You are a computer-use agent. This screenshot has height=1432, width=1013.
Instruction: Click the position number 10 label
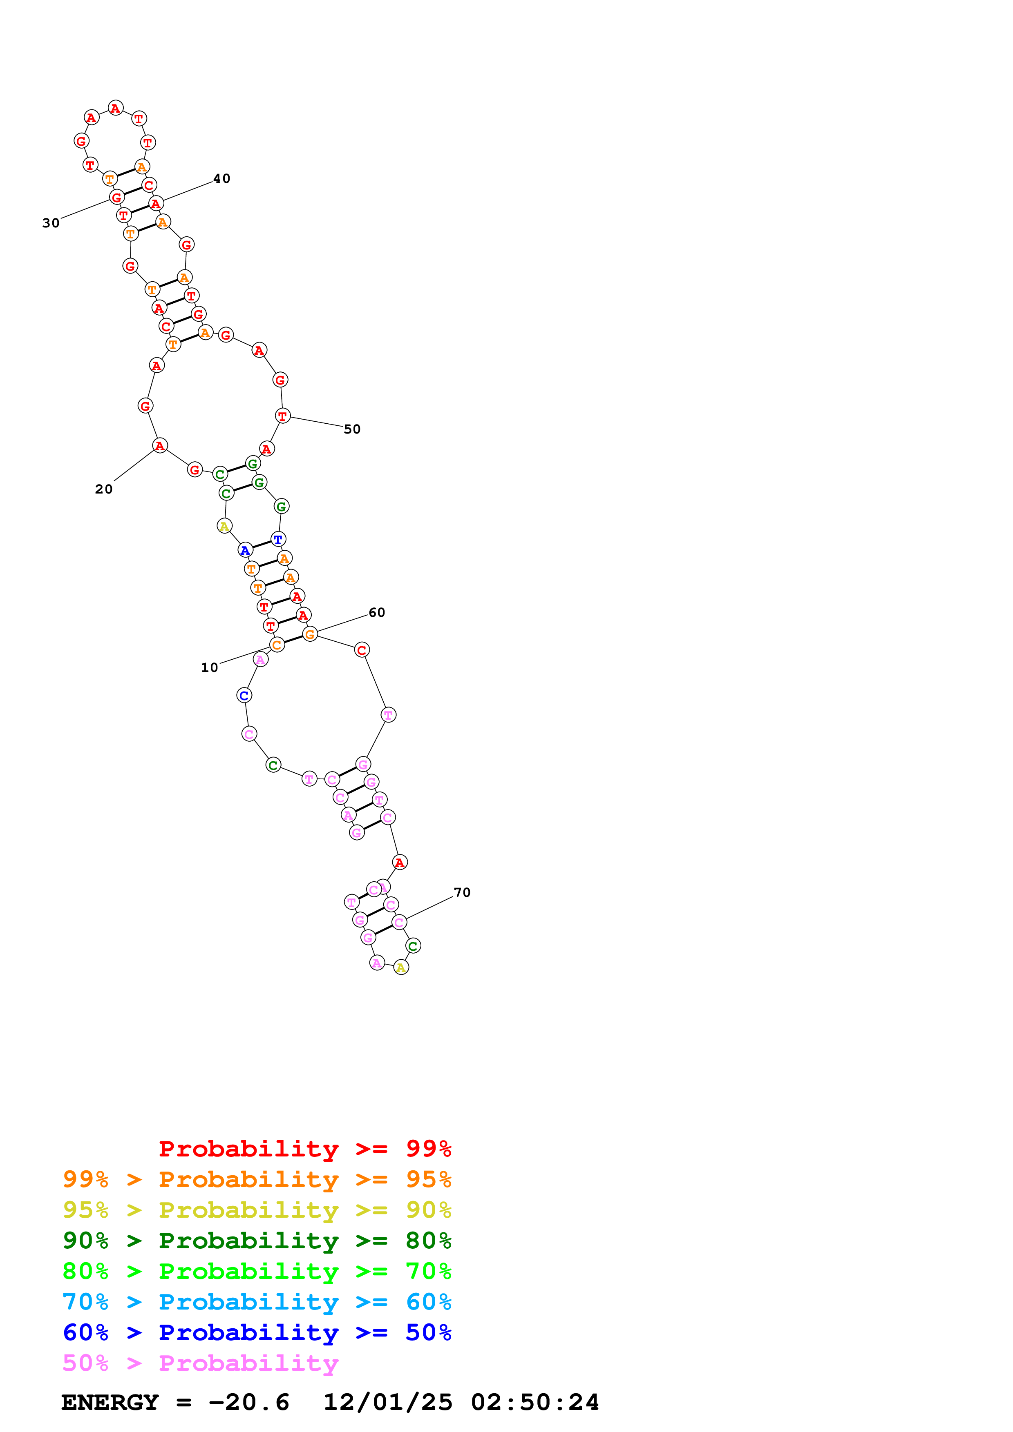[209, 667]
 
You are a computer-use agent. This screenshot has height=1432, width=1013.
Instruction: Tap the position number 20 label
[104, 489]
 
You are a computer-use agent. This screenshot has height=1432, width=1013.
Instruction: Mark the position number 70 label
[462, 892]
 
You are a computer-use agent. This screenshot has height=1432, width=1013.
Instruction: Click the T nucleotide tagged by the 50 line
[283, 416]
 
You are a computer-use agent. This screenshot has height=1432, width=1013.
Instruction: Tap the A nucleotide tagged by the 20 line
[160, 445]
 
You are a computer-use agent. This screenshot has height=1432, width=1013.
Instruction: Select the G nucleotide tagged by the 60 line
[310, 634]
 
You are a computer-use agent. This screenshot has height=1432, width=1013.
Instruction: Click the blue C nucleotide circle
[244, 696]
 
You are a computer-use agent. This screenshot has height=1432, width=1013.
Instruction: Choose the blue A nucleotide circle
[245, 550]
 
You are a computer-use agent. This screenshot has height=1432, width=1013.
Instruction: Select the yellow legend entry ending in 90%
[257, 1210]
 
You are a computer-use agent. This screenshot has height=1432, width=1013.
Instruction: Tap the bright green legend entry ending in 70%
[257, 1271]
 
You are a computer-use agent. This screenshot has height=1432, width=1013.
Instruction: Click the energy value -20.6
[248, 1402]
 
